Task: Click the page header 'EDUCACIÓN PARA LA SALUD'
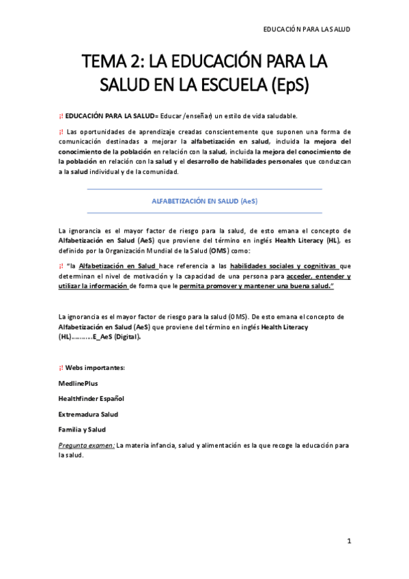coord(307,30)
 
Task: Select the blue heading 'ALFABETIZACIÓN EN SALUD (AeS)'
coord(204,201)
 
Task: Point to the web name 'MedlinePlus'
coord(78,383)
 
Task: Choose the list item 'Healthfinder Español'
coord(91,398)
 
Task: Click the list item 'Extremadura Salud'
coord(88,414)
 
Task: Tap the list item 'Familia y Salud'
coord(82,429)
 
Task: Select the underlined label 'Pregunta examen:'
coord(86,444)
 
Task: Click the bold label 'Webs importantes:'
coord(95,367)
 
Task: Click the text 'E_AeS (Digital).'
coord(117,337)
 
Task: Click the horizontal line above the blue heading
coord(204,189)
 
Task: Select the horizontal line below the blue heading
coord(204,213)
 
